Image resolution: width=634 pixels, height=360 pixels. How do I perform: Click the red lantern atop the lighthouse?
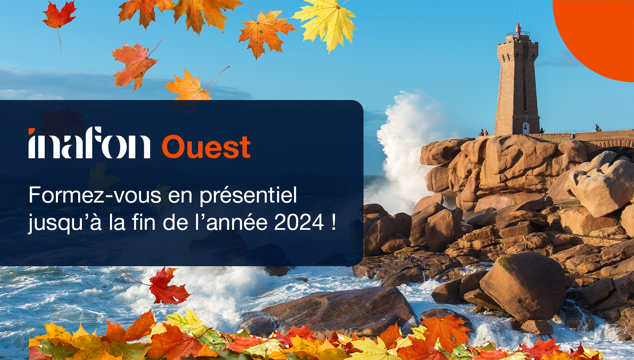point(518,29)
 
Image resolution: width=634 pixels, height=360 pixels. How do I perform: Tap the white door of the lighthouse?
point(525,128)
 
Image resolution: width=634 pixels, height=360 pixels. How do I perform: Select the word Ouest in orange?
point(206,147)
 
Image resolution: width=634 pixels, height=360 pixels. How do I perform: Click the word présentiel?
point(248,195)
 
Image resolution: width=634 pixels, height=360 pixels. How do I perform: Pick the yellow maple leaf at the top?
point(327,23)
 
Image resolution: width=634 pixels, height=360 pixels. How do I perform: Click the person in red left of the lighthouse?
point(486,133)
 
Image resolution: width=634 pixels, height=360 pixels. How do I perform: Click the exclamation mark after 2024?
point(333,223)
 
